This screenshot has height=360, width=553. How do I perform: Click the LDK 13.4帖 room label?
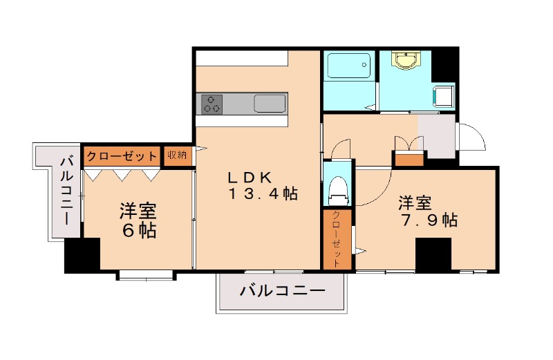point(263,185)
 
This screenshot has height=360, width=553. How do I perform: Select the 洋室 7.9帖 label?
point(427,211)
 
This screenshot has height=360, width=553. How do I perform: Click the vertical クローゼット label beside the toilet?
point(337,239)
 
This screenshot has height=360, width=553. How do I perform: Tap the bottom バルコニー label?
point(282,292)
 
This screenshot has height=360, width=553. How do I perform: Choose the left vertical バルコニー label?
point(67,191)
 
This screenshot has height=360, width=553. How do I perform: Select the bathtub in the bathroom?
point(349,66)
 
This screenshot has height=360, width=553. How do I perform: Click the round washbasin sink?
point(404,62)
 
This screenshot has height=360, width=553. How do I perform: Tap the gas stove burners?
point(212,104)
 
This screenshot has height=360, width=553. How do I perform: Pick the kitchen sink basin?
point(270,104)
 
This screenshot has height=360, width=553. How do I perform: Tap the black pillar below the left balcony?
point(82,256)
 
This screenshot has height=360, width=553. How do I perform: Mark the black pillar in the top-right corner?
point(445,64)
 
